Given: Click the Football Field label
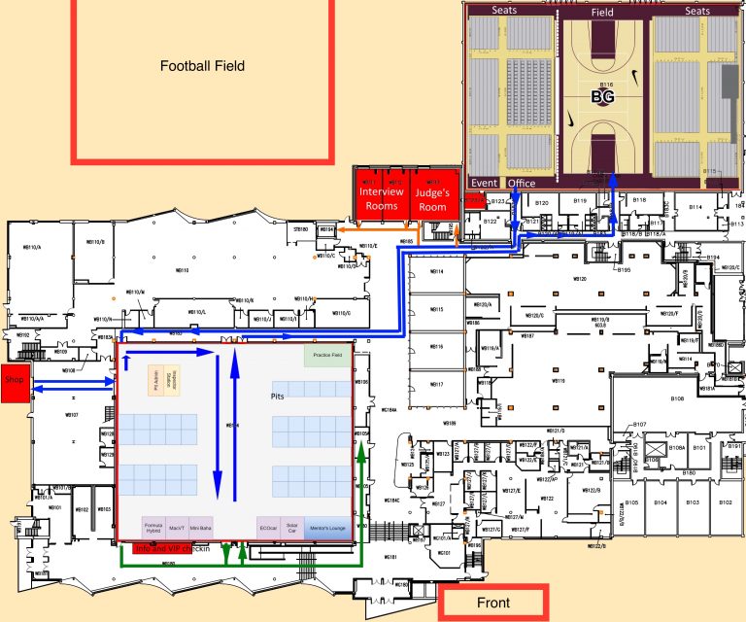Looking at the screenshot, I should pyautogui.click(x=203, y=66).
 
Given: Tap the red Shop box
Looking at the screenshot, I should pyautogui.click(x=14, y=380).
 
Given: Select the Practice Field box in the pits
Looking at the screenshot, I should pyautogui.click(x=327, y=356).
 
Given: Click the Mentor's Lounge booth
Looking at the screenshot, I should pyautogui.click(x=326, y=528).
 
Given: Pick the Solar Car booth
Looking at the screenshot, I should pyautogui.click(x=292, y=528).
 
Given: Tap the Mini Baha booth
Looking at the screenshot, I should pyautogui.click(x=201, y=528).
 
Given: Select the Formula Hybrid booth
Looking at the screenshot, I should pyautogui.click(x=153, y=528).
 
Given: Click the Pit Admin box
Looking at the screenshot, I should pyautogui.click(x=155, y=379).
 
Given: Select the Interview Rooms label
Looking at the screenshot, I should pyautogui.click(x=381, y=198).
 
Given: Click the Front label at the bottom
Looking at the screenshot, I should pyautogui.click(x=492, y=604).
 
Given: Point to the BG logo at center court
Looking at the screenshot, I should pyautogui.click(x=603, y=97).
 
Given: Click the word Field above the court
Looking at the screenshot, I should pyautogui.click(x=602, y=13).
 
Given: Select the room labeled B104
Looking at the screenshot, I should pyautogui.click(x=661, y=502).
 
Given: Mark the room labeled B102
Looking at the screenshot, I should pyautogui.click(x=724, y=502).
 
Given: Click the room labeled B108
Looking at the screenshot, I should pyautogui.click(x=677, y=398).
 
